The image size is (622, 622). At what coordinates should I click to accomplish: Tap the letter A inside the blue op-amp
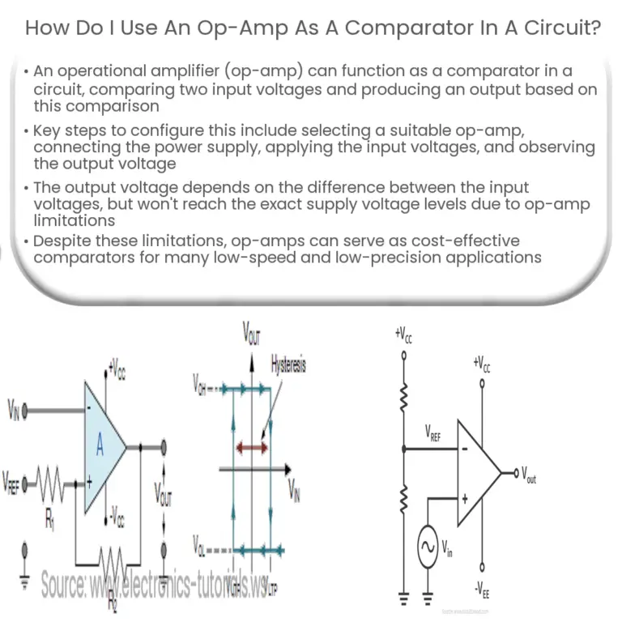click(x=100, y=445)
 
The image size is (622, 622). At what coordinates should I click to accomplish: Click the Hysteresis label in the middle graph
click(x=289, y=365)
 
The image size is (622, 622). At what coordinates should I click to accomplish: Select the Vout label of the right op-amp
click(x=528, y=475)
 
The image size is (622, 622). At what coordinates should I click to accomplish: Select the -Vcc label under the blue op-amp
click(x=117, y=514)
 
